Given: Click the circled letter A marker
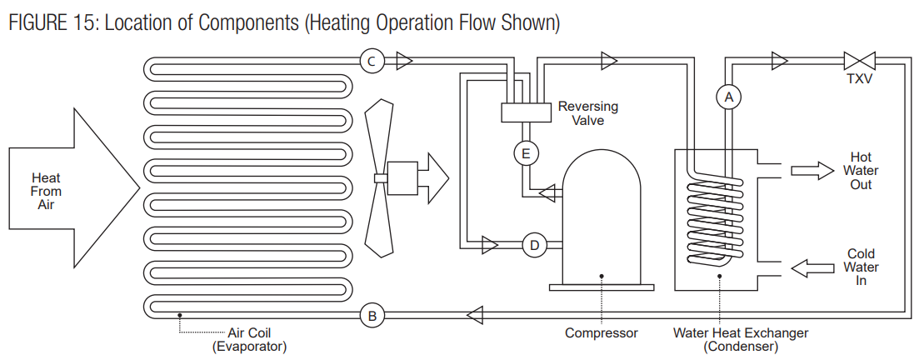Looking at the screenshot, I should coord(729,97).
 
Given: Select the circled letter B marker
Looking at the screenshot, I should coord(372,315).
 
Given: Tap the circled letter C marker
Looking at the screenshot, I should coord(372,59).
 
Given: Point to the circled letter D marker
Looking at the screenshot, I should coord(534,245).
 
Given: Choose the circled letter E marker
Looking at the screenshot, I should coord(525,153).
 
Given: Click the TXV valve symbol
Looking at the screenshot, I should coord(858,60).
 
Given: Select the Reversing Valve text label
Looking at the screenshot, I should coord(587,113).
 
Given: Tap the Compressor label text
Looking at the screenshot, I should coord(601,333).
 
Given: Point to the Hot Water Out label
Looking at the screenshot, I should coord(861,171).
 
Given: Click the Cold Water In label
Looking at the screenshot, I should coord(861,267).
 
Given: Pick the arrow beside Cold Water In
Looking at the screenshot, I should coord(812,267).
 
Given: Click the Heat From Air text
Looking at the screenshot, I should coord(46,191).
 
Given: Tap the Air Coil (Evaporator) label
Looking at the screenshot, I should coord(250,339).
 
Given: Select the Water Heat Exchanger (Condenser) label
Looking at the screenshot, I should coord(741,339).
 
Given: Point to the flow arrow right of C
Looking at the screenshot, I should coord(404,60).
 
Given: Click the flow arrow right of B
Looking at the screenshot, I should coord(475,315).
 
